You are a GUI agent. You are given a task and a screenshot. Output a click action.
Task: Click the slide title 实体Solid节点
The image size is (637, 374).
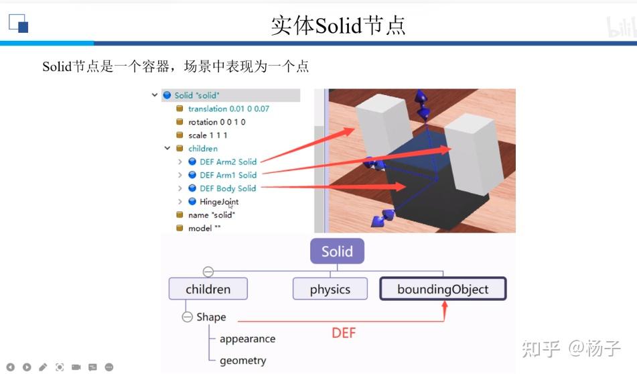pyautogui.click(x=338, y=25)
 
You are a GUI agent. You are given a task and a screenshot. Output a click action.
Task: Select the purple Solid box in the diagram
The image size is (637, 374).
pyautogui.click(x=337, y=252)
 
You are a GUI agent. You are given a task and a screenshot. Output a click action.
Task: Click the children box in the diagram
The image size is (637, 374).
pyautogui.click(x=208, y=290)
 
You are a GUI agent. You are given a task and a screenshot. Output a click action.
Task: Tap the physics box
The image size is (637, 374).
pyautogui.click(x=330, y=290)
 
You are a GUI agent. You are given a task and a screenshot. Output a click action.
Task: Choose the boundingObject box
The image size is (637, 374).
pyautogui.click(x=443, y=290)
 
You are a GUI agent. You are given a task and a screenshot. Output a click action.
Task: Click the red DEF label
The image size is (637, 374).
pyautogui.click(x=344, y=332)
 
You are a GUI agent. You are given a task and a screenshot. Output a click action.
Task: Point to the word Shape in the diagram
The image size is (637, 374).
pyautogui.click(x=211, y=317)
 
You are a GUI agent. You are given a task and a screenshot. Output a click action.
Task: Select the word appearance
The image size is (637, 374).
pyautogui.click(x=247, y=339)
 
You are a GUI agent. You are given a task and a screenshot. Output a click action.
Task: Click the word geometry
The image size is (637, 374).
pyautogui.click(x=242, y=361)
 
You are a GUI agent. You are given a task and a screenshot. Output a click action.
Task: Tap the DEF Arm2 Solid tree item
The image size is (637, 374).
pyautogui.click(x=228, y=162)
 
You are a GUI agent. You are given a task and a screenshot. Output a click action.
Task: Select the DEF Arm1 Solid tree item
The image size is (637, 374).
pyautogui.click(x=228, y=175)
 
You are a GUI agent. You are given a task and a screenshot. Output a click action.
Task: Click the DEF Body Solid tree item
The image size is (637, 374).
pyautogui.click(x=228, y=188)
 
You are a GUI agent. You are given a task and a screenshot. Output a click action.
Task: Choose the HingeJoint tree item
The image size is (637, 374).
pyautogui.click(x=219, y=202)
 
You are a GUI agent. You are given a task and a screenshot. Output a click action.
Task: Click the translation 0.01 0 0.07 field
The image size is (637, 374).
pyautogui.click(x=228, y=109)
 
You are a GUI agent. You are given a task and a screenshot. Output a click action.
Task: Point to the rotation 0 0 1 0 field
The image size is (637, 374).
pyautogui.click(x=216, y=122)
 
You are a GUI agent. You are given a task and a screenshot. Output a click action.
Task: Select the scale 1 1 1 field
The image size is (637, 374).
pyautogui.click(x=208, y=135)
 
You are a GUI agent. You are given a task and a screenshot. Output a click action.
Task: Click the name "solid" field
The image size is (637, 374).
pyautogui.click(x=211, y=215)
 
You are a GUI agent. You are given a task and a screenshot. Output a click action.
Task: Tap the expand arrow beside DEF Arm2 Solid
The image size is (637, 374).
pyautogui.click(x=180, y=162)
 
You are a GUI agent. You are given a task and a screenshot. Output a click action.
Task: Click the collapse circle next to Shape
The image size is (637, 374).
pyautogui.click(x=188, y=317)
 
